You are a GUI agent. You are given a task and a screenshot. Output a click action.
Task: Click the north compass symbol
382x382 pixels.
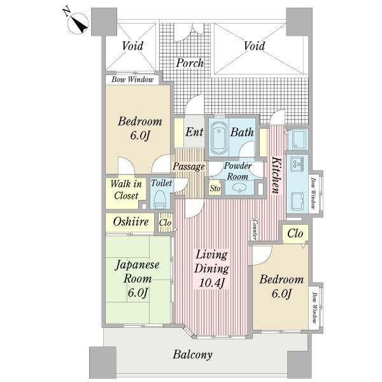pos(78,23)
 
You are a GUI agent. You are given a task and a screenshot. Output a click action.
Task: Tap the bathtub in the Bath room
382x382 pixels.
pos(219,138)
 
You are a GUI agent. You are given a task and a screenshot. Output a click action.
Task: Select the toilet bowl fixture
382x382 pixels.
pos(160,199)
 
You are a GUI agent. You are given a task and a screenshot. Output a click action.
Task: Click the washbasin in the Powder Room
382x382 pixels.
pos(239,188)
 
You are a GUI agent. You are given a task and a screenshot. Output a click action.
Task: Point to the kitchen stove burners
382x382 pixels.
pos(297,163)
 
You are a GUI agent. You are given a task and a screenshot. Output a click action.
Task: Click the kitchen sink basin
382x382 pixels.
pos(297,201)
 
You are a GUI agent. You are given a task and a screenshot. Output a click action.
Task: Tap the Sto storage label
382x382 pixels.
pos(215,188)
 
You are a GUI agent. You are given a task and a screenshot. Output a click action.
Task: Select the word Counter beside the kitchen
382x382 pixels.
pos(255,229)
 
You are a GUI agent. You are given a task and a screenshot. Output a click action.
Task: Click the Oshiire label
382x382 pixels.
pos(131,222)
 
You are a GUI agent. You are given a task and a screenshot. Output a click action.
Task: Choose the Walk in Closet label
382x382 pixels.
pos(126,190)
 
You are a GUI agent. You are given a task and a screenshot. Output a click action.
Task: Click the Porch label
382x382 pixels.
pos(190,63)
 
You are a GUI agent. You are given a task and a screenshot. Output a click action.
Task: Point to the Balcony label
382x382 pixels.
pos(192,355)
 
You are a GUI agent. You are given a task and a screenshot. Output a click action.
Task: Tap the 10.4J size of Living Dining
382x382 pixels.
pos(211,283)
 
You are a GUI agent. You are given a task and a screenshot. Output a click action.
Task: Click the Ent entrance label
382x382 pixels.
pos(194,132)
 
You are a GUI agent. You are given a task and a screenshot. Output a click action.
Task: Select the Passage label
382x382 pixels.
pos(188,167)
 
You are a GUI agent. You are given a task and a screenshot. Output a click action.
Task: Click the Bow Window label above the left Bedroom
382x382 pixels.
pos(132,80)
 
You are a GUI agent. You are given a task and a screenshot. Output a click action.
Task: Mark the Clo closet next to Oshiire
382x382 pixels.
pos(165,223)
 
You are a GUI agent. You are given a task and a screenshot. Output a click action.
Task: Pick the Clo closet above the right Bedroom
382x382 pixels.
pos(295,234)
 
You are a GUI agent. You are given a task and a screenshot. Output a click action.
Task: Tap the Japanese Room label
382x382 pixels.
pos(137,272)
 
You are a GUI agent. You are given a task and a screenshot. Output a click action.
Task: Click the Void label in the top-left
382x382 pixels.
pos(132,46)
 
